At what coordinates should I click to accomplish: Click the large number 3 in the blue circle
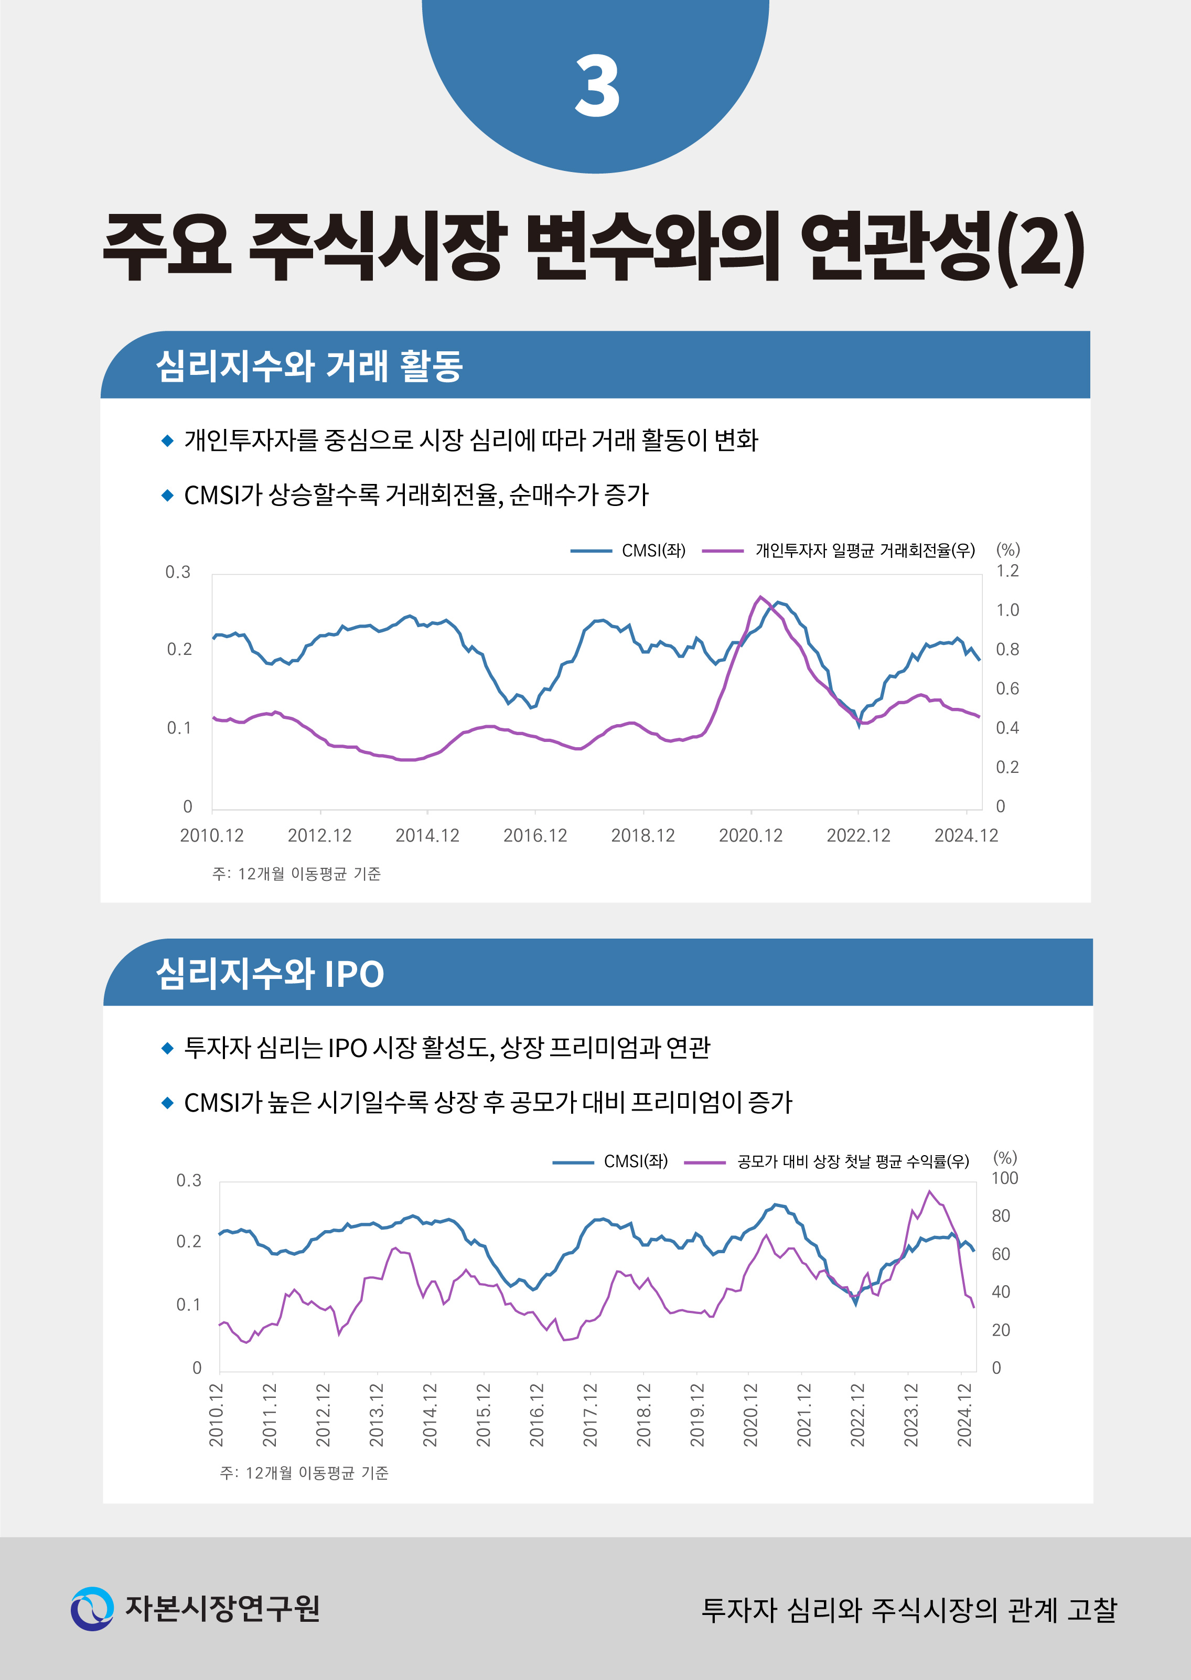(597, 87)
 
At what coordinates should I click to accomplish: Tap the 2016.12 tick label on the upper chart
(534, 835)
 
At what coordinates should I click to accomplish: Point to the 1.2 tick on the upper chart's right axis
(1007, 571)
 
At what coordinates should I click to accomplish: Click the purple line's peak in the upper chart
(760, 597)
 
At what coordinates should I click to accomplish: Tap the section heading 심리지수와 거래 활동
(309, 366)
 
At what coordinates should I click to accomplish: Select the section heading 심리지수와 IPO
(270, 974)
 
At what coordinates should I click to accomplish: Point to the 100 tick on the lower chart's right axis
(1004, 1178)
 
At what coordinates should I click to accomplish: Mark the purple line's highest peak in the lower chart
(929, 1192)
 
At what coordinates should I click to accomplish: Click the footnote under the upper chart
(296, 874)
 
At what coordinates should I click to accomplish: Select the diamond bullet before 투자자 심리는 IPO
(167, 1048)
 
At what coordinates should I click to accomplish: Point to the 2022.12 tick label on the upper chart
(858, 835)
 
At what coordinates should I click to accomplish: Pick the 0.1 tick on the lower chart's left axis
(188, 1305)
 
